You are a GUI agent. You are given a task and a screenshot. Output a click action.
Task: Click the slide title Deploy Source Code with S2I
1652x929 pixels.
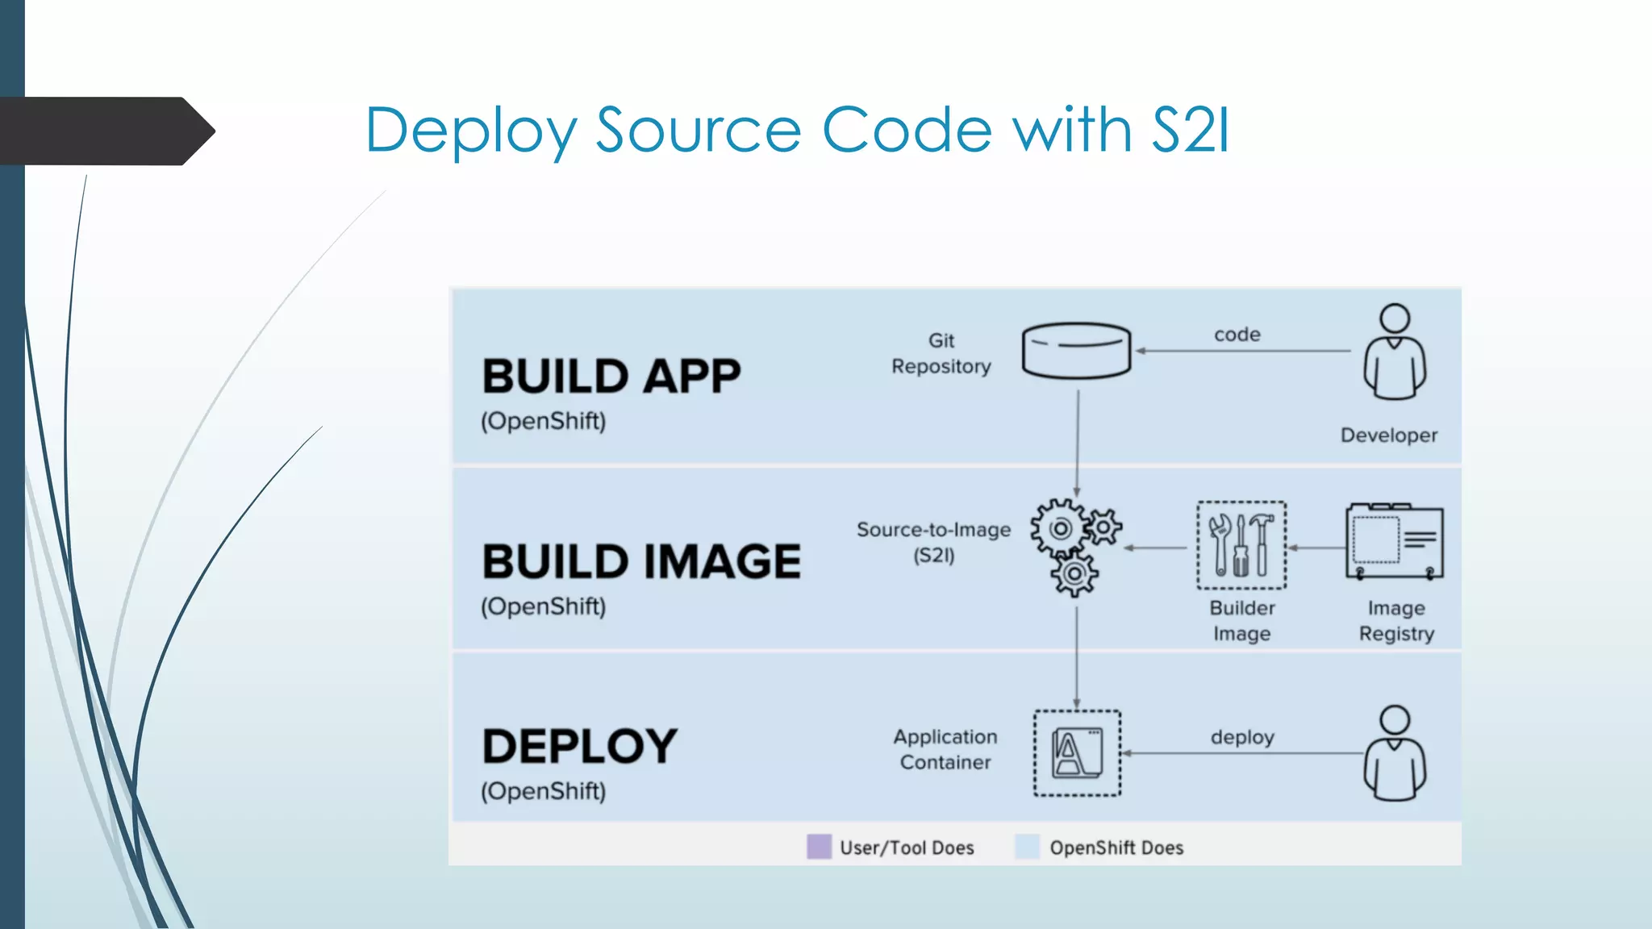(x=797, y=131)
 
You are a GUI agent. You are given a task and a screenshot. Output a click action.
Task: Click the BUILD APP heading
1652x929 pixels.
(x=611, y=377)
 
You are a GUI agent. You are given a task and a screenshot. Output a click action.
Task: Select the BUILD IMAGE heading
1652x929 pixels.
(x=641, y=562)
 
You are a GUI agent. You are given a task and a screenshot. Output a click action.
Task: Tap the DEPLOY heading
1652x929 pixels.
(x=579, y=747)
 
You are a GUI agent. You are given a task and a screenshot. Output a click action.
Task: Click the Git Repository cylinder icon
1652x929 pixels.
(x=1076, y=351)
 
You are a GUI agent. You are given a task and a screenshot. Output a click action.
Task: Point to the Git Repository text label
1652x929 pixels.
(x=941, y=354)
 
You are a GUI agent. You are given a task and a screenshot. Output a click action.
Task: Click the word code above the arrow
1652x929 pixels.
(x=1237, y=335)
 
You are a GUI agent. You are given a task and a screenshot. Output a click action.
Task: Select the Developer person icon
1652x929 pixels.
(x=1395, y=352)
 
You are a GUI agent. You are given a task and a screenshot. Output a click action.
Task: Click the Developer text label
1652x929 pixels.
(x=1388, y=435)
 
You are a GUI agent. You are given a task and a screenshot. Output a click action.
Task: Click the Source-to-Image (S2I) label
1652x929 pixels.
(x=933, y=542)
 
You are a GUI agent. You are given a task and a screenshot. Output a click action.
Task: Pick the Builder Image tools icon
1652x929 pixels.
(x=1241, y=545)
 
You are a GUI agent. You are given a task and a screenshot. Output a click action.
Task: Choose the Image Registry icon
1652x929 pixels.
(x=1394, y=542)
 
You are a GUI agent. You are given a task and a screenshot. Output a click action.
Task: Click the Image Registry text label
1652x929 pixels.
(x=1396, y=621)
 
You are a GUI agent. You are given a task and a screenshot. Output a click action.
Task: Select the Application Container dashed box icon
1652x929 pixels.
(x=1077, y=753)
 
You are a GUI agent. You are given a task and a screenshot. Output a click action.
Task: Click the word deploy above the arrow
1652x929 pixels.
(x=1242, y=737)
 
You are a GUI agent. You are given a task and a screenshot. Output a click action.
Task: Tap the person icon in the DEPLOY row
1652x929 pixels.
(x=1395, y=753)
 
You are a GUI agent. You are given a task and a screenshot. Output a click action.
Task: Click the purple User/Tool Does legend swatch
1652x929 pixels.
(x=819, y=847)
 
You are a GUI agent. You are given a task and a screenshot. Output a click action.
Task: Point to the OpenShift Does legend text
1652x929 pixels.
(x=1116, y=848)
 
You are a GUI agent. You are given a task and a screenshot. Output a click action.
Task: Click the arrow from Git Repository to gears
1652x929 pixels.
(x=1077, y=444)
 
